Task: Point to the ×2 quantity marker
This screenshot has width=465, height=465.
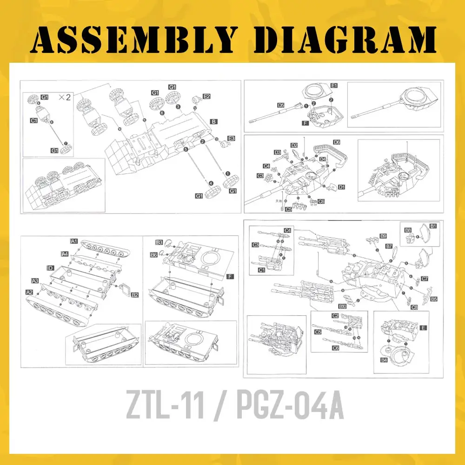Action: pyautogui.click(x=65, y=97)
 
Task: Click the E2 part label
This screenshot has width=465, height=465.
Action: pyautogui.click(x=206, y=96)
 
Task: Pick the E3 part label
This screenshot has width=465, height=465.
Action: pyautogui.click(x=231, y=139)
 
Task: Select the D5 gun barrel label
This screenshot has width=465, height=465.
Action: pyautogui.click(x=281, y=106)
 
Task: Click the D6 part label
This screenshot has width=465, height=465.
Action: pyautogui.click(x=337, y=142)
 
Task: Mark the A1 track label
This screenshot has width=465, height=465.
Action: pyautogui.click(x=73, y=241)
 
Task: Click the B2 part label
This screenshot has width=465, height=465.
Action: pyautogui.click(x=135, y=295)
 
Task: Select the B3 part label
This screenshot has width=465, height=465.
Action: pyautogui.click(x=159, y=242)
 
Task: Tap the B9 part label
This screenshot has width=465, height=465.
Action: pyautogui.click(x=383, y=236)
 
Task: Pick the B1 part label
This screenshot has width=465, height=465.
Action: pyautogui.click(x=433, y=226)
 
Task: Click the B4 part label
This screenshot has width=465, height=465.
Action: pyautogui.click(x=384, y=360)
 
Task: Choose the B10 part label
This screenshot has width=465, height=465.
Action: pyautogui.click(x=343, y=306)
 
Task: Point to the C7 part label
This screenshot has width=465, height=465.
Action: pyautogui.click(x=425, y=279)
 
